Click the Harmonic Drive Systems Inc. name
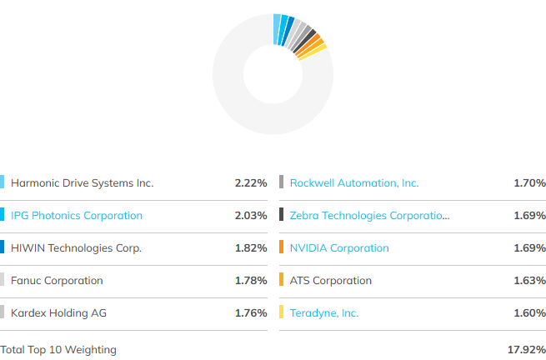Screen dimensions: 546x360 click(83, 182)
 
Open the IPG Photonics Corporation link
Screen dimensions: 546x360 click(77, 216)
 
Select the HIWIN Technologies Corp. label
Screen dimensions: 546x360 click(76, 247)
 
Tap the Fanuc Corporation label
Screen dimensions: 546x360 click(57, 280)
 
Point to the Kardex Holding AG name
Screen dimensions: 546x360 click(58, 312)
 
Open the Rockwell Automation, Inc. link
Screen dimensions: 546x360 click(354, 182)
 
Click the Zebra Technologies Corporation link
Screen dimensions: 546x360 click(369, 216)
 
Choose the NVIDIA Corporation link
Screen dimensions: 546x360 click(339, 247)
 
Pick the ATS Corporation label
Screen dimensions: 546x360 click(330, 280)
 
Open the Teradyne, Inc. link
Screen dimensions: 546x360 click(324, 312)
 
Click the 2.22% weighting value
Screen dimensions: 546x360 click(251, 182)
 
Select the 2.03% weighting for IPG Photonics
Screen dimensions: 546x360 click(251, 216)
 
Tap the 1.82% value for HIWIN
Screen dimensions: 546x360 click(251, 247)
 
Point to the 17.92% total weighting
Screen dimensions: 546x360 click(527, 349)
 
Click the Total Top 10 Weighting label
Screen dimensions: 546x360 click(58, 349)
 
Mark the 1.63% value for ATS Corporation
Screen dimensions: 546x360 click(529, 280)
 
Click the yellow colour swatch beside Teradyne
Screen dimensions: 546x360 click(282, 312)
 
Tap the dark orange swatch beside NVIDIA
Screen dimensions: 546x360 click(282, 247)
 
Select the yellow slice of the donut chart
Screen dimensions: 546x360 click(313, 52)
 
